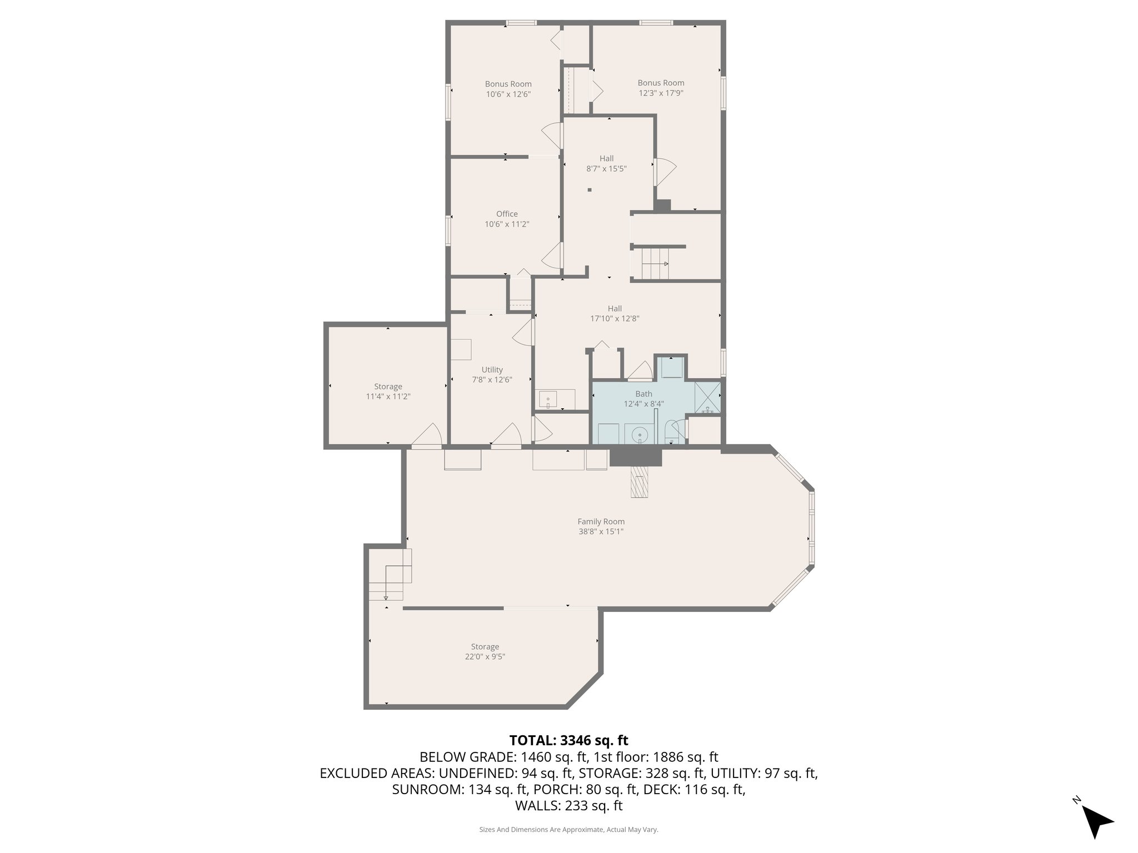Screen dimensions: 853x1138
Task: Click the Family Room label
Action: [x=601, y=521]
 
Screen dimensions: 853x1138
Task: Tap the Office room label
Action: [x=507, y=214]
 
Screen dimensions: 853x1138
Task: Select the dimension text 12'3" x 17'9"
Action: [x=661, y=93]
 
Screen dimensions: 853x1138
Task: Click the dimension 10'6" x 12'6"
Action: [x=508, y=94]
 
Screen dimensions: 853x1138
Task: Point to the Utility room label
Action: [x=492, y=370]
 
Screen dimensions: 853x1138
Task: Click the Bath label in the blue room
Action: [x=643, y=394]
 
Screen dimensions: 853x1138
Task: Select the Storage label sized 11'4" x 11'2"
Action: [x=388, y=387]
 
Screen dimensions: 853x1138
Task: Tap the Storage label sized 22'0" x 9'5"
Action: [x=485, y=646]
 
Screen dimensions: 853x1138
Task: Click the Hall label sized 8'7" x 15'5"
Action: [x=606, y=159]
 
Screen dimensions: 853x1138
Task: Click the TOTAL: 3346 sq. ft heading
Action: [x=568, y=740]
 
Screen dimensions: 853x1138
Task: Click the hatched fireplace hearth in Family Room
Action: [x=640, y=481]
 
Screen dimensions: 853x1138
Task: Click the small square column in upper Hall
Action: [x=590, y=190]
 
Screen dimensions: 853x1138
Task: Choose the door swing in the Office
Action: [x=551, y=256]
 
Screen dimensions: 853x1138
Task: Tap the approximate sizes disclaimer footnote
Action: [x=568, y=830]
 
